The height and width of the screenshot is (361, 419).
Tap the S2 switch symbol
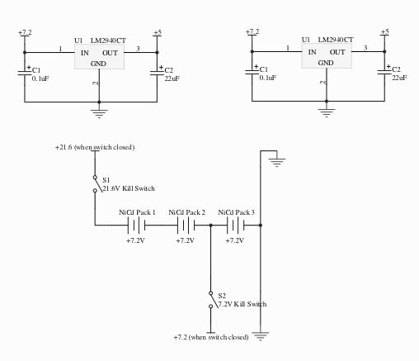point(213,300)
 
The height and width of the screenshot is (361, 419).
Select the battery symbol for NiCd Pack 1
point(136,226)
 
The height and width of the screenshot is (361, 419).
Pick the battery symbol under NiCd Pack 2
point(186,226)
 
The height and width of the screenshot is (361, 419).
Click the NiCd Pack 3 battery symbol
point(236,226)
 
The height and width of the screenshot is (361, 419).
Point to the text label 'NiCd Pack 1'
point(137,212)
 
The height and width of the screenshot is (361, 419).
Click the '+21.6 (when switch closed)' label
point(95,147)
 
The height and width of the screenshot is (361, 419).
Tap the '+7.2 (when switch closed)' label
point(211,337)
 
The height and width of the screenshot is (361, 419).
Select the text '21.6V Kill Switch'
point(129,188)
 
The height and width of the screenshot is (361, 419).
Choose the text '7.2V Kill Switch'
point(242,304)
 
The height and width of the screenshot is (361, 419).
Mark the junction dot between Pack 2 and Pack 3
point(211,226)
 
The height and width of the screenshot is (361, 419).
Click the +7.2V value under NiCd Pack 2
point(185,240)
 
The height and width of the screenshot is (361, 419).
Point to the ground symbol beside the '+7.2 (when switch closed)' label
point(260,336)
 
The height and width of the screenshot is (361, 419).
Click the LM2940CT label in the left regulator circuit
point(108,40)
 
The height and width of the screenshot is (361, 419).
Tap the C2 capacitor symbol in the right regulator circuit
point(384,72)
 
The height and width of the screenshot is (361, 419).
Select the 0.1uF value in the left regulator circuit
point(40,78)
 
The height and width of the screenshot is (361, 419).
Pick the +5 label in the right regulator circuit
point(385,31)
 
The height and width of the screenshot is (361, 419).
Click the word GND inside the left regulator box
point(98,64)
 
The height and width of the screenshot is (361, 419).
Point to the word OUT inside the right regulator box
point(337,52)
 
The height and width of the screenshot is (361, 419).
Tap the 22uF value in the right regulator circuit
point(399,78)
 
